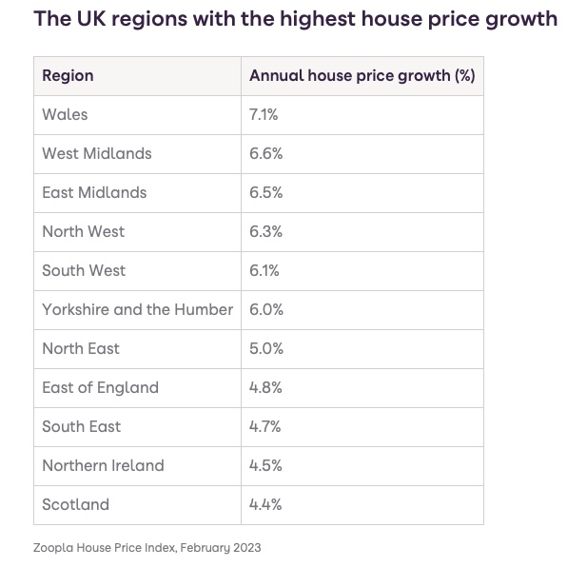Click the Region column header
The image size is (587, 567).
tap(68, 75)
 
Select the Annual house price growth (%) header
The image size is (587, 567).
tap(362, 75)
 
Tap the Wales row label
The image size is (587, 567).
tap(65, 114)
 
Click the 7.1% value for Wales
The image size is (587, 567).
tap(264, 114)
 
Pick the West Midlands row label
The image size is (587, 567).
tap(97, 153)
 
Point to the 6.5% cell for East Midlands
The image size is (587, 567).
tap(265, 192)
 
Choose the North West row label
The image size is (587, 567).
tap(83, 231)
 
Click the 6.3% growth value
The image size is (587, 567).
tap(265, 231)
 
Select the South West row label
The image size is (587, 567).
tap(84, 270)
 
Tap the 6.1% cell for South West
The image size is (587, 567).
tap(264, 270)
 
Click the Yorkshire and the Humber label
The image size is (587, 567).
tap(137, 309)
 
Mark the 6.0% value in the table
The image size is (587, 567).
tap(266, 309)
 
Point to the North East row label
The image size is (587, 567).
tap(81, 348)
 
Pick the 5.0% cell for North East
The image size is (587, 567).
tap(266, 348)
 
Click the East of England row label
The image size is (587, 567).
tap(100, 387)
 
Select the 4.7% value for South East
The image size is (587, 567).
tap(265, 426)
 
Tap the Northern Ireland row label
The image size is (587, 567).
tap(103, 465)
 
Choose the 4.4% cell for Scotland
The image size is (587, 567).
tap(265, 504)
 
